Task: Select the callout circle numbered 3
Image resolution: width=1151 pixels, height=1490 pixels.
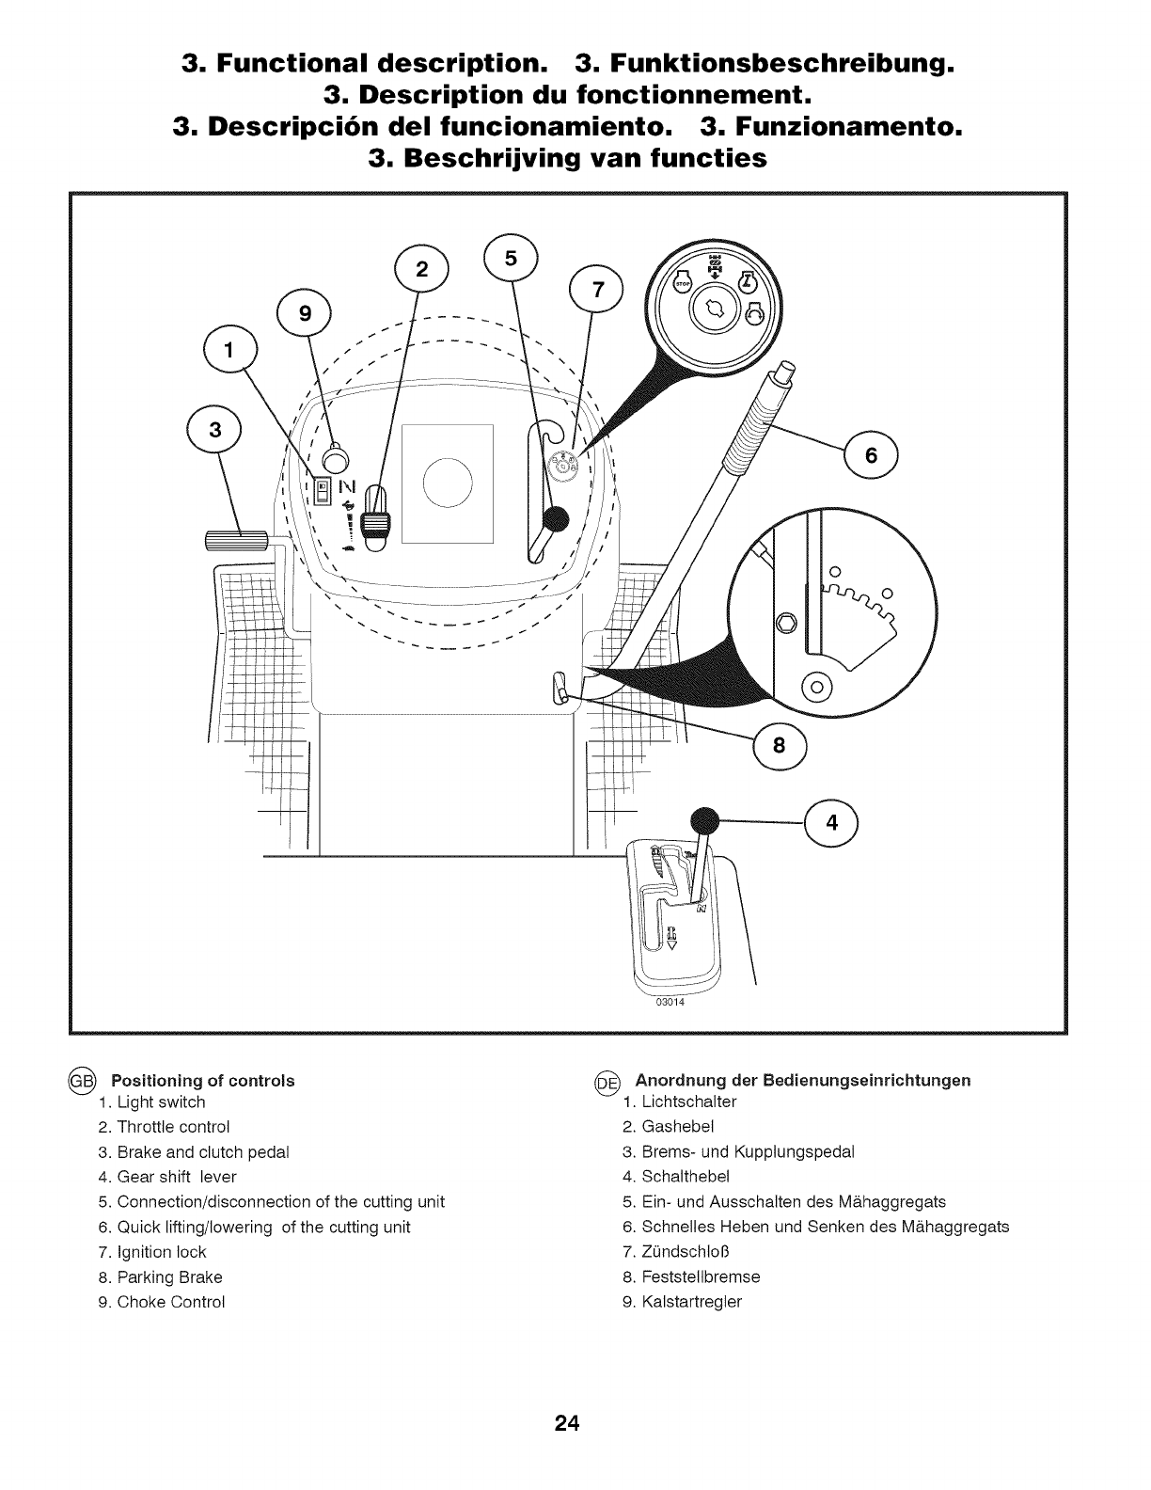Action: pyautogui.click(x=215, y=432)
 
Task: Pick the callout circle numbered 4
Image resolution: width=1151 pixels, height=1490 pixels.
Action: pyautogui.click(x=830, y=822)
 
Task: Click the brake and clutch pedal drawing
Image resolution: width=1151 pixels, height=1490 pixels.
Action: pyautogui.click(x=236, y=540)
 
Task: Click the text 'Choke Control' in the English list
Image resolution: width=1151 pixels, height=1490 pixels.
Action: pyautogui.click(x=170, y=1302)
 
